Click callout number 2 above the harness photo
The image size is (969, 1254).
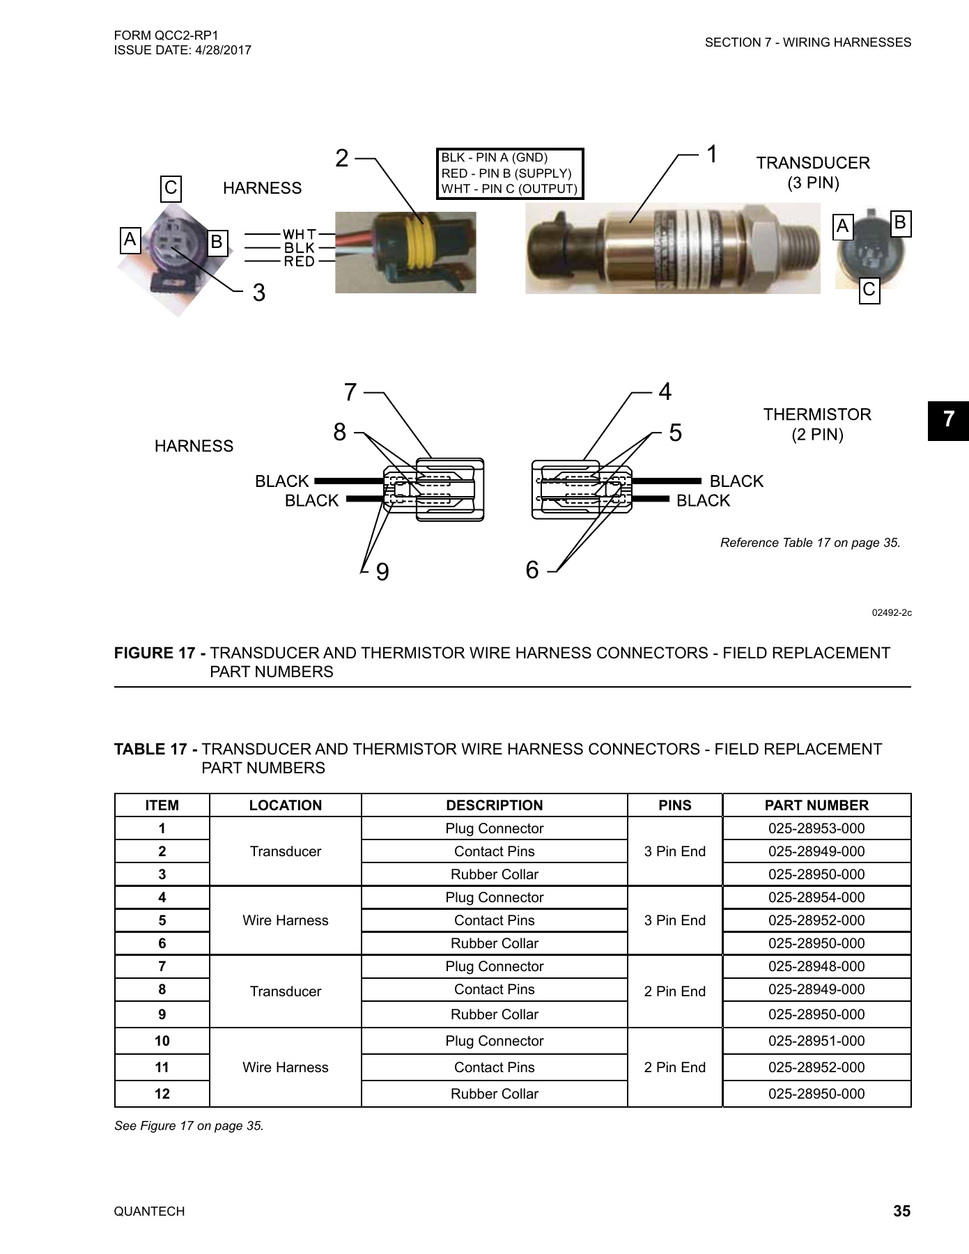point(341,159)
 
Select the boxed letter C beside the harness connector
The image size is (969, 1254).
point(171,188)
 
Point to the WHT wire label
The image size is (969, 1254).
point(300,234)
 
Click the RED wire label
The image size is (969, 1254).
point(299,262)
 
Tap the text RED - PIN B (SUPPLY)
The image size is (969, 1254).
point(506,173)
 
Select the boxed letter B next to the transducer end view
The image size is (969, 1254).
point(899,223)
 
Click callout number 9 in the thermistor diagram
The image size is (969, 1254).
point(382,572)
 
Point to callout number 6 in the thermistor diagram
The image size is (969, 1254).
point(532,570)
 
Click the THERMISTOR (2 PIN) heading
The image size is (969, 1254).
point(817,424)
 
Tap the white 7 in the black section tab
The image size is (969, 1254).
point(948,420)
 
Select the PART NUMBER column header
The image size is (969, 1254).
point(816,805)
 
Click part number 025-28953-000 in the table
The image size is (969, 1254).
point(816,828)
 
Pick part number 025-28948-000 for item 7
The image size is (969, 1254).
point(816,966)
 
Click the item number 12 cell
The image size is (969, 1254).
point(162,1094)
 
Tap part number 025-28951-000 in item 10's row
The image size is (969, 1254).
point(816,1041)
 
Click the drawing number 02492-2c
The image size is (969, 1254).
point(892,613)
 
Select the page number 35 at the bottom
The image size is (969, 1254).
point(901,1212)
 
